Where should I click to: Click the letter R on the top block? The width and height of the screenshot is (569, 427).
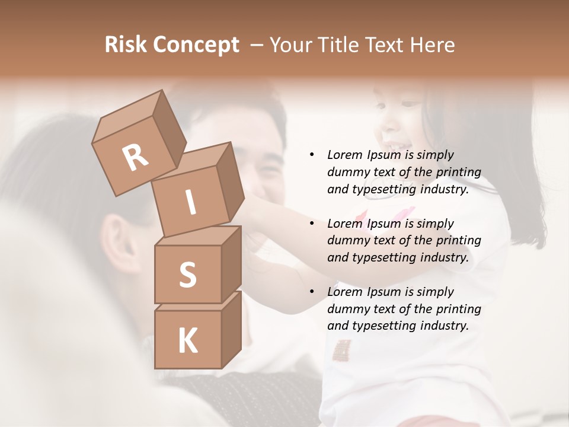[136, 157]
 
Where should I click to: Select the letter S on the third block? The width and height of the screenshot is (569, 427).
[187, 275]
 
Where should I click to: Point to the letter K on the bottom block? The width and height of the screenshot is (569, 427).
[187, 342]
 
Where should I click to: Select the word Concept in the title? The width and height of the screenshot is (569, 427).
[195, 46]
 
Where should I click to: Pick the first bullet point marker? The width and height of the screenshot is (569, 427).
[312, 155]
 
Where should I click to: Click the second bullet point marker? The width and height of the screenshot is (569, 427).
[312, 224]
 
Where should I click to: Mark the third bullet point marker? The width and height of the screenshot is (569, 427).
[312, 292]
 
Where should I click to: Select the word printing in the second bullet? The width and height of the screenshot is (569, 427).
[458, 241]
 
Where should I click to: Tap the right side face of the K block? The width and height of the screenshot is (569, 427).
[231, 329]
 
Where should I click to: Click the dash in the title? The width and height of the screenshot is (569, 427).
[257, 45]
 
